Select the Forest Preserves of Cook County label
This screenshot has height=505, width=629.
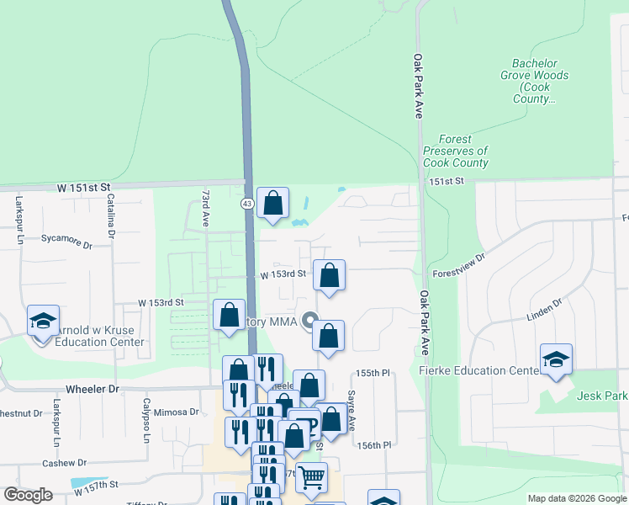[456, 151]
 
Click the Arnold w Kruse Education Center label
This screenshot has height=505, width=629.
[99, 336]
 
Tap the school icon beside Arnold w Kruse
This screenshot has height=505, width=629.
[43, 321]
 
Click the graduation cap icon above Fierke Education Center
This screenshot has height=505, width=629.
[556, 359]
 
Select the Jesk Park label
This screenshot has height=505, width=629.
[601, 396]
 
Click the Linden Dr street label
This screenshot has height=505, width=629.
[542, 309]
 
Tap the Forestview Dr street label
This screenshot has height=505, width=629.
[458, 267]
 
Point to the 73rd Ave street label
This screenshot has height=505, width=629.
[205, 209]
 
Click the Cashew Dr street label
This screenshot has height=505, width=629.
[65, 462]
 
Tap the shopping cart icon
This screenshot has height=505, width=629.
[311, 478]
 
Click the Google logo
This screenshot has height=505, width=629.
[28, 495]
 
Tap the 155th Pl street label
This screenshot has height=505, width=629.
[373, 372]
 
